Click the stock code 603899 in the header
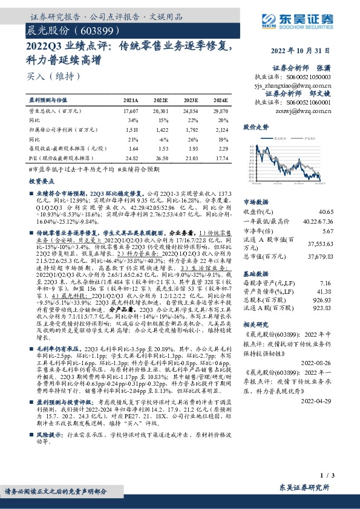[91, 30]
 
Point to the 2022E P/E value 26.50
[161, 157]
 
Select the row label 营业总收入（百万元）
[55, 112]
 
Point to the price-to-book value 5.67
[344, 231]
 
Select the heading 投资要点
[42, 181]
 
